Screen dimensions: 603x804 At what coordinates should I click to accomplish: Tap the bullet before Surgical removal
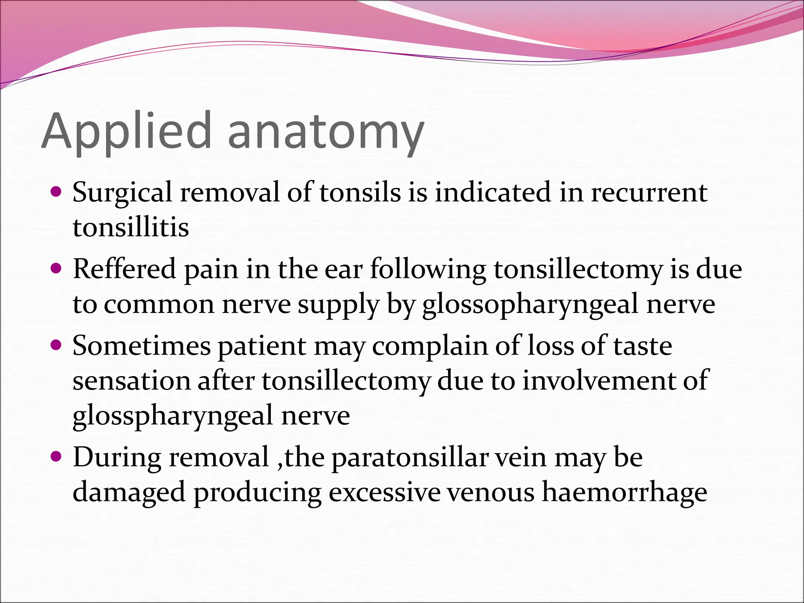coord(57,192)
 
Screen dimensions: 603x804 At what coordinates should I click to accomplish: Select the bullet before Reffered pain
coord(57,269)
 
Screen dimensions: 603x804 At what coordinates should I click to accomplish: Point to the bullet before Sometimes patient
coord(57,345)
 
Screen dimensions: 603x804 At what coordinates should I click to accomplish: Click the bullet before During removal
coord(57,457)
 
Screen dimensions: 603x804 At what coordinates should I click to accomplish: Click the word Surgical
coord(122,193)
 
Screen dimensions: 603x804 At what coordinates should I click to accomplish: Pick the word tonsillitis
coord(131,227)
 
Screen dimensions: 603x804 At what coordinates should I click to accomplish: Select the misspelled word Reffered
coord(124,269)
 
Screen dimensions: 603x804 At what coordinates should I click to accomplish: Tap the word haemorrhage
coord(624,493)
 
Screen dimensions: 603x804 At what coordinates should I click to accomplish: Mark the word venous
coord(491,493)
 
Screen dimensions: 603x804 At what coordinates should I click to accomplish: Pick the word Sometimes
coord(142,346)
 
